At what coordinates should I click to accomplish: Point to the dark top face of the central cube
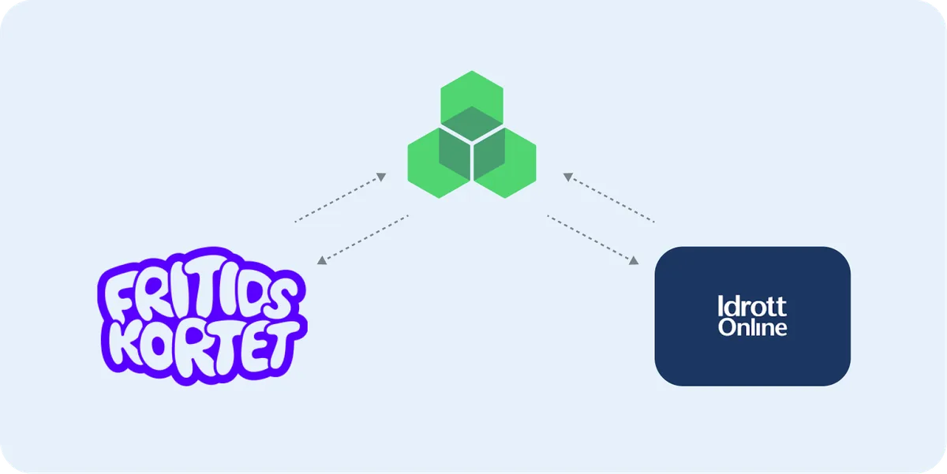coord(472,122)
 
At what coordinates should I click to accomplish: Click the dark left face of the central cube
coord(455,153)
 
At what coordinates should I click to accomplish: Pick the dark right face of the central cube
coord(489,153)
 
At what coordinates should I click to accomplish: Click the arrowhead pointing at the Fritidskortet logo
coord(322,260)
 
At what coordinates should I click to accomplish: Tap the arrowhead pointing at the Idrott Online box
coord(633,260)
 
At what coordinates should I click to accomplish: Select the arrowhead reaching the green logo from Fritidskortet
coord(381,177)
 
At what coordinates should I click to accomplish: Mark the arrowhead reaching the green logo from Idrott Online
coord(568,177)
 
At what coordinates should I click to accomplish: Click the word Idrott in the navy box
coord(752,306)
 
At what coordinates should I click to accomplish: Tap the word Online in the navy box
coord(753,327)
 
